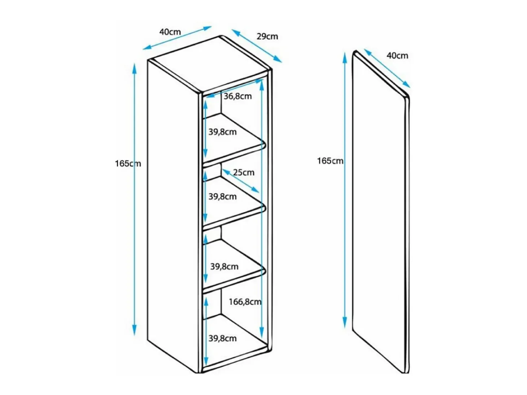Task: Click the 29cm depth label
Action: [267, 36]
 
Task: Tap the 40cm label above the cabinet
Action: [170, 32]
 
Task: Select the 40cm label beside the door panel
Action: [397, 56]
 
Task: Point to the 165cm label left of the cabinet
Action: [128, 164]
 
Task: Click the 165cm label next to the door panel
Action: [330, 161]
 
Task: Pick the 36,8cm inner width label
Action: [238, 96]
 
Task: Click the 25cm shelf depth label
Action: [244, 173]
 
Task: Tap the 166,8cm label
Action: [245, 302]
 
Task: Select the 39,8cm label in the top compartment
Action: [222, 132]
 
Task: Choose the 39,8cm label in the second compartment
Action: [222, 197]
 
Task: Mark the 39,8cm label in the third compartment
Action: [224, 266]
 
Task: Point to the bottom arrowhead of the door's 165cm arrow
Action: [345, 322]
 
